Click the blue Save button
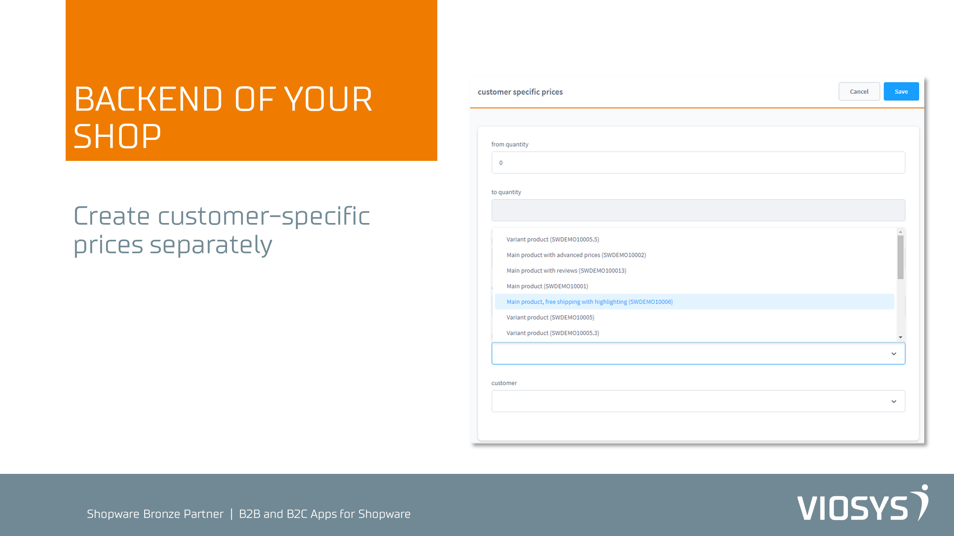[901, 91]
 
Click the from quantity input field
[698, 163]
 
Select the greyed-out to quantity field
[698, 210]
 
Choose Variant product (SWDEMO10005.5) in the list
[553, 239]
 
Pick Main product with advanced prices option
[576, 255]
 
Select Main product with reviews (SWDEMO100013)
[566, 271]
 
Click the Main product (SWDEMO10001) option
[547, 286]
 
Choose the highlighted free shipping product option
[590, 302]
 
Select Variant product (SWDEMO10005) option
[550, 318]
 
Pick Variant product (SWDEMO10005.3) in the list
[553, 333]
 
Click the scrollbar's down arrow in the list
[901, 337]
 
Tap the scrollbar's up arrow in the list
[901, 232]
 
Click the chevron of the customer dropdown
[894, 401]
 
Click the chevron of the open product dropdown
[894, 354]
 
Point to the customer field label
[504, 383]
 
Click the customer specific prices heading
[520, 92]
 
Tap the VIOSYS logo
[863, 503]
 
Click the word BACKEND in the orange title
[148, 99]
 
